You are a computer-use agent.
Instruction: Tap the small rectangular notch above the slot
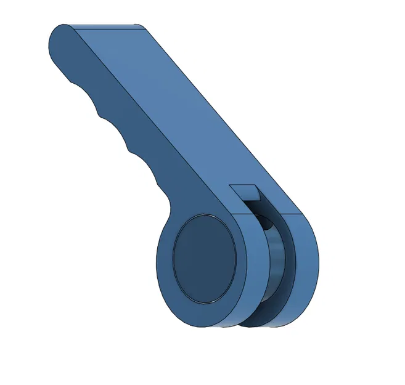(244, 190)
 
